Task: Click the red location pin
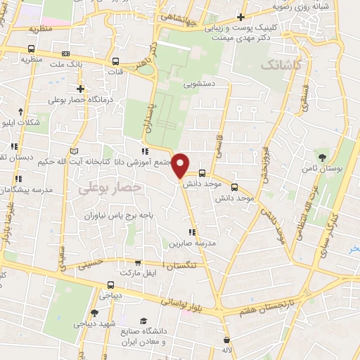pyautogui.click(x=181, y=164)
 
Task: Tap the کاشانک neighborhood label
pyautogui.click(x=281, y=64)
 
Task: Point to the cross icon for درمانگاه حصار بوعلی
pyautogui.click(x=82, y=89)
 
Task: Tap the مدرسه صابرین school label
pyautogui.click(x=190, y=243)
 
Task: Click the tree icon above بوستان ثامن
pyautogui.click(x=323, y=156)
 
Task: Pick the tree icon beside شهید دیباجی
pyautogui.click(x=95, y=313)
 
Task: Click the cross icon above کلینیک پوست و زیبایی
pyautogui.click(x=240, y=16)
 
